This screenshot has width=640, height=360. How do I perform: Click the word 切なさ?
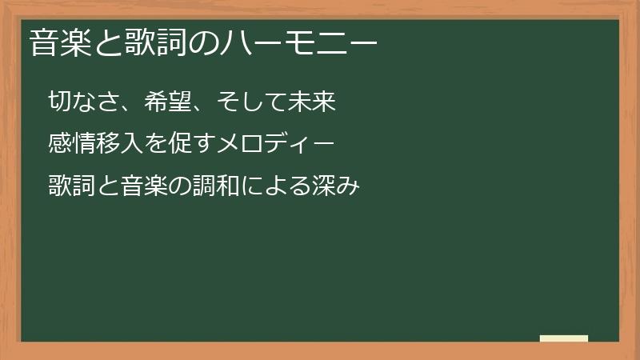click(x=84, y=102)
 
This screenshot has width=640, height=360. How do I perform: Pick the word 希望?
click(x=167, y=102)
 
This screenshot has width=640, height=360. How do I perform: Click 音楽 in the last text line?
click(x=144, y=187)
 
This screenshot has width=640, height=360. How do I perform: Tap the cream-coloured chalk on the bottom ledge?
click(x=564, y=338)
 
